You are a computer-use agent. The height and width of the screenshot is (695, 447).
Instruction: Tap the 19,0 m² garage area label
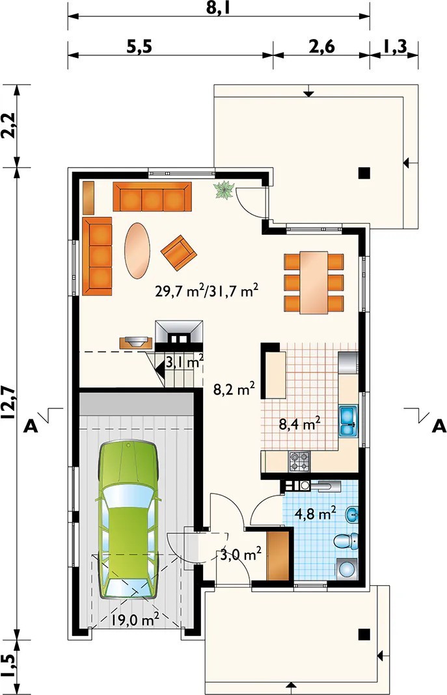tap(135, 620)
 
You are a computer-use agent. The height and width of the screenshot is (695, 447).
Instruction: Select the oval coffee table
tap(137, 250)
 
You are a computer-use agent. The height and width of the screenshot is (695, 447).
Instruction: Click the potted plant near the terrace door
tap(224, 190)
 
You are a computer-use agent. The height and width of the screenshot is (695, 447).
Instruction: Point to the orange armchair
tap(178, 252)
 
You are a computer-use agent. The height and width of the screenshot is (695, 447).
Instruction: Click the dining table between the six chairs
tap(314, 282)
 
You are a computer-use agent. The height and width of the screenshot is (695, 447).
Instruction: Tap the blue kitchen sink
tap(349, 421)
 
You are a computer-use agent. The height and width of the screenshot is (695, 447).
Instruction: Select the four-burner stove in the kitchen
tap(299, 461)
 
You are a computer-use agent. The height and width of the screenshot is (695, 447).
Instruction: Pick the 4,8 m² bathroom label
tap(316, 514)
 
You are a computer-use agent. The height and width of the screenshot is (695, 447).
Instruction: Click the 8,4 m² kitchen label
tap(300, 424)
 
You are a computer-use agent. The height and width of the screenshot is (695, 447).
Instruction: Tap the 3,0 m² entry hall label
tap(240, 554)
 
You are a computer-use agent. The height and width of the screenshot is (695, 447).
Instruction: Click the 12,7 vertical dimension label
tap(8, 402)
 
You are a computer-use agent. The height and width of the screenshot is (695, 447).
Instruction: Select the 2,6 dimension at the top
tap(321, 47)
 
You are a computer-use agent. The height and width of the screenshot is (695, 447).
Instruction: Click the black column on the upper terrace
tap(364, 172)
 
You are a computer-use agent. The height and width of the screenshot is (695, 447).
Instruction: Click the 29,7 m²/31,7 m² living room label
tap(206, 291)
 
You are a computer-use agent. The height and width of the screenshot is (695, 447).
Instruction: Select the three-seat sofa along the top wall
tap(152, 196)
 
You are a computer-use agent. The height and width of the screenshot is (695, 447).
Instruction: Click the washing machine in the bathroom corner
tap(347, 568)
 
